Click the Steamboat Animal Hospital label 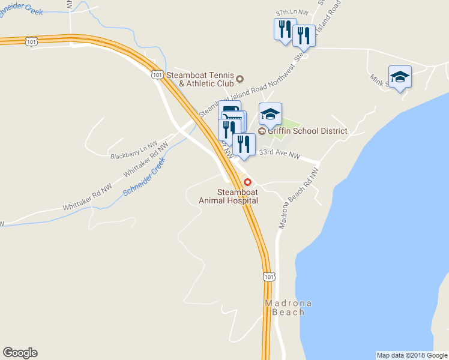click(x=228, y=196)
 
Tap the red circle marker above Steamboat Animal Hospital click(x=247, y=182)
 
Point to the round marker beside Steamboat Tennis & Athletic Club click(x=240, y=79)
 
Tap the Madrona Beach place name click(x=288, y=308)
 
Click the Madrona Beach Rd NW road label click(x=298, y=198)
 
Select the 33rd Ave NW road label click(x=279, y=155)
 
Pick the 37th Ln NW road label click(x=291, y=13)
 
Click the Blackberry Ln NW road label click(x=133, y=151)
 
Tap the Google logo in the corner click(x=20, y=353)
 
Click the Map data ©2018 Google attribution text click(x=412, y=355)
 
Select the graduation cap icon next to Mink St click(x=400, y=77)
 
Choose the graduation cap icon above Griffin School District click(x=270, y=113)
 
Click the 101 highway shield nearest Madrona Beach click(x=269, y=276)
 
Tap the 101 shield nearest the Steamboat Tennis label click(x=157, y=74)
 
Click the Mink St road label click(x=378, y=79)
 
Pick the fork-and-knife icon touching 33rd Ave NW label click(x=244, y=144)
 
